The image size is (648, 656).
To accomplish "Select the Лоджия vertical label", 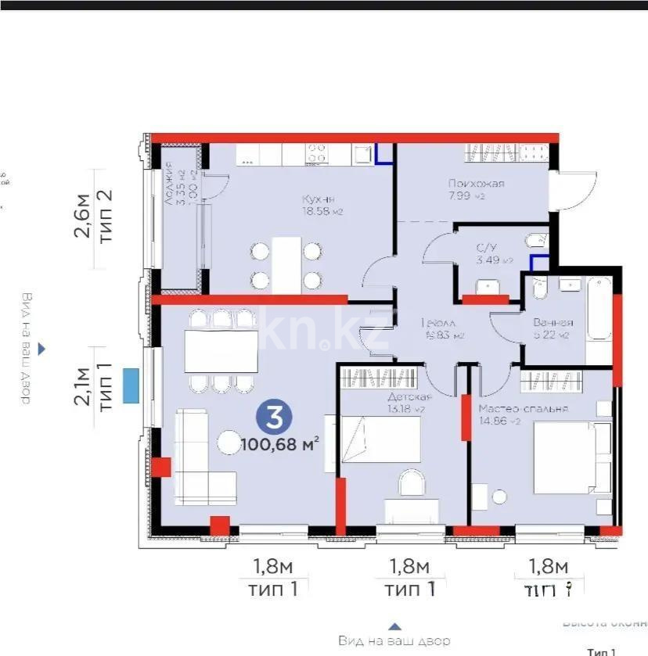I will click(x=170, y=183).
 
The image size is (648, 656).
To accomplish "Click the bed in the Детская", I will click(x=381, y=439).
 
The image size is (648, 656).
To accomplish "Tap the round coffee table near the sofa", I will click(x=229, y=442).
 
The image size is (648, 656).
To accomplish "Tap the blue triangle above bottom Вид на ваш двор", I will click(x=395, y=626).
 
